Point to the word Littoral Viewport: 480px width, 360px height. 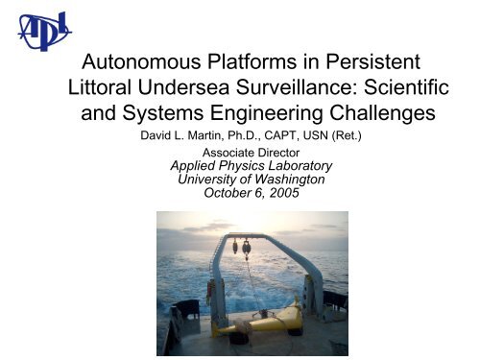coord(105,92)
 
